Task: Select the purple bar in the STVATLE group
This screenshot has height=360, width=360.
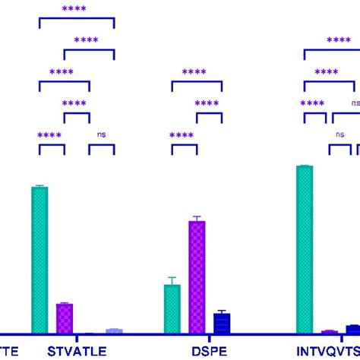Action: click(65, 318)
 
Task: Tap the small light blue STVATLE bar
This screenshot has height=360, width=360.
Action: click(114, 330)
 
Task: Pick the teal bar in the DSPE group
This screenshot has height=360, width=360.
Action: click(172, 309)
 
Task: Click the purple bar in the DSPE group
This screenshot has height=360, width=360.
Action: click(197, 277)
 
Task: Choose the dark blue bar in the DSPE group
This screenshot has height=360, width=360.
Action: click(222, 324)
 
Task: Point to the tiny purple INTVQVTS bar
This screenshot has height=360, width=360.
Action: click(329, 332)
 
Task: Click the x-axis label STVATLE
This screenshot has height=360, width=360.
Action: click(77, 351)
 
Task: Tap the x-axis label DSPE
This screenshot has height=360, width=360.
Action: click(208, 351)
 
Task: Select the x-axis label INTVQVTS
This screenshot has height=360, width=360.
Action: click(327, 351)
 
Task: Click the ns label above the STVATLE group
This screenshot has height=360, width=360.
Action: click(102, 134)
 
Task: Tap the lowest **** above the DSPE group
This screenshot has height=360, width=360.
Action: click(182, 135)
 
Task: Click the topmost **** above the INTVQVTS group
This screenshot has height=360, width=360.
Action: click(338, 41)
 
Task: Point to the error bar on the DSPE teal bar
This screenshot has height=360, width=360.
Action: click(172, 280)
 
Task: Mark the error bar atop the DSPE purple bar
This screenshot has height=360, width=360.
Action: click(197, 218)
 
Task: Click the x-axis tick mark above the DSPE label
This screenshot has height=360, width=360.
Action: click(209, 338)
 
